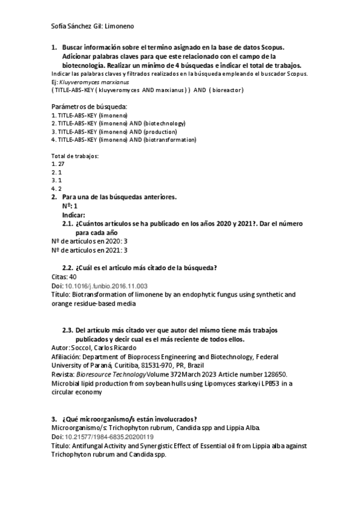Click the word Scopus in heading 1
coord(271,46)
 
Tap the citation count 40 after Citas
coord(73,277)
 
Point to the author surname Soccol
coord(82,348)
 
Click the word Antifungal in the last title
coord(87,446)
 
